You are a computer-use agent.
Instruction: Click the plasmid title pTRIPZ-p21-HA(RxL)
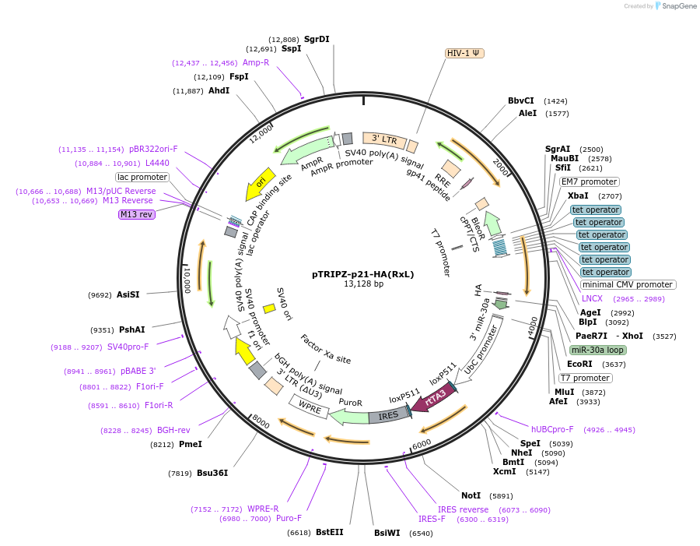tap(363, 274)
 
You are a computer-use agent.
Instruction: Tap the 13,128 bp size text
tap(363, 284)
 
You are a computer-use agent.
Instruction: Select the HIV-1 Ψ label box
tap(464, 53)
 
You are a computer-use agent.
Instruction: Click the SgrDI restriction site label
tap(317, 39)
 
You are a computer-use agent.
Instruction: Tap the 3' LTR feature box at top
tap(384, 139)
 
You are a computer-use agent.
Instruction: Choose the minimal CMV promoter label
tap(628, 284)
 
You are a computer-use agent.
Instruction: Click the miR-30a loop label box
tap(597, 350)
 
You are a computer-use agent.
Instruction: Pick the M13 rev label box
tap(136, 214)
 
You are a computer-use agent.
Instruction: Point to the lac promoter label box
tap(142, 177)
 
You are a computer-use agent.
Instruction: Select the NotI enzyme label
tap(471, 495)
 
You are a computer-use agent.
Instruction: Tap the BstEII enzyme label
tap(329, 533)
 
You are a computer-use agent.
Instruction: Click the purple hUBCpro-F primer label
tap(552, 429)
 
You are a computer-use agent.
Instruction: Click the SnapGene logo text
tap(679, 6)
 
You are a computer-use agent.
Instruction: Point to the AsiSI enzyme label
tap(128, 295)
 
